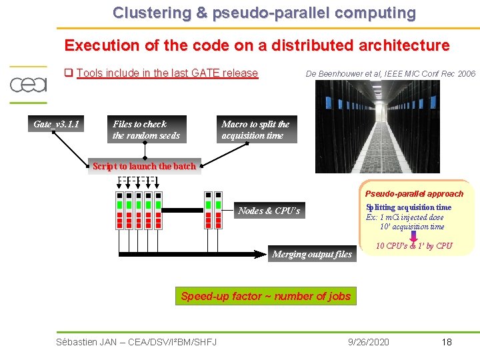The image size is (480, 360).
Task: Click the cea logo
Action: coord(28,85)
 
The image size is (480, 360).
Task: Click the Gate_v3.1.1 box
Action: coord(57,124)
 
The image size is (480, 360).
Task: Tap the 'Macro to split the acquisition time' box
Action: coord(257,129)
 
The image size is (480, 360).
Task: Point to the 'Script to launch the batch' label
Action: coord(144,166)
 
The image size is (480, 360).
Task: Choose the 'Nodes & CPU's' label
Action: coord(269,211)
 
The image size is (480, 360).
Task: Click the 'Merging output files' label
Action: coord(312,254)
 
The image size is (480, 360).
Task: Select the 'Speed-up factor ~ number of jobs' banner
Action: coord(265,296)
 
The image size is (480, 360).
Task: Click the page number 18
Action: coord(446,342)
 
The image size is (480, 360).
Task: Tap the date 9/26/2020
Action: coord(369,342)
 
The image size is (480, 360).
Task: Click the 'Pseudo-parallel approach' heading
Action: coord(414,193)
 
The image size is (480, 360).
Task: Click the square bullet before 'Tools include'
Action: coord(68,73)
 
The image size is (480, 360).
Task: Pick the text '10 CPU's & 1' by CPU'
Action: coord(414,246)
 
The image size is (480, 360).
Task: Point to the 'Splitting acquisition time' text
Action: coord(409,207)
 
